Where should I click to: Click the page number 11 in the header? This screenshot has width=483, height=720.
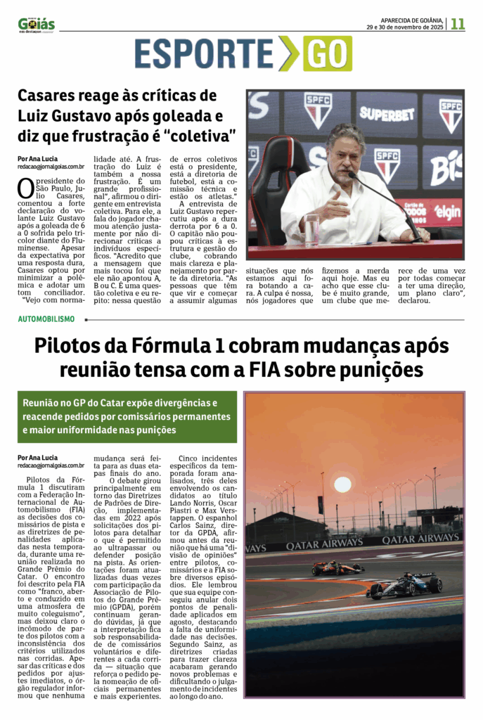tap(458, 23)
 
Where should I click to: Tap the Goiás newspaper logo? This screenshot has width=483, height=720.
tap(37, 25)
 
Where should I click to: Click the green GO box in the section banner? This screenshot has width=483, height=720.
tap(327, 54)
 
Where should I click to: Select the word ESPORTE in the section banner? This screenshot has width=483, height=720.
tap(204, 54)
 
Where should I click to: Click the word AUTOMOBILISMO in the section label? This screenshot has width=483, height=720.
tap(46, 319)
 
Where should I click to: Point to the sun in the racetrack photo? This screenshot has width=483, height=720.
tap(342, 484)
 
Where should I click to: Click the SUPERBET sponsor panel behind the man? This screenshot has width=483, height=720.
tap(387, 112)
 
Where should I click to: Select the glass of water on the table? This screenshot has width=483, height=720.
tap(312, 229)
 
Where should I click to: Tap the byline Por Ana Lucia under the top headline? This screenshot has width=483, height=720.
tap(38, 158)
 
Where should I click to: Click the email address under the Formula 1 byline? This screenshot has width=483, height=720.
tap(51, 465)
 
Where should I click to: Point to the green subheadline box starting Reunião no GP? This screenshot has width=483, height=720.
tap(127, 416)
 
